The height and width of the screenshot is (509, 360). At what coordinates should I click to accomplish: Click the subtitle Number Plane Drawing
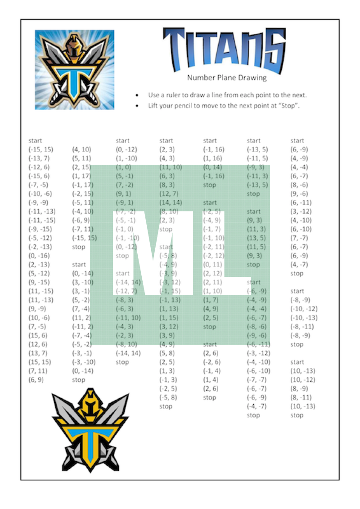[227, 78]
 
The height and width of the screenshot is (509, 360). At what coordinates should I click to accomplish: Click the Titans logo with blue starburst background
[74, 70]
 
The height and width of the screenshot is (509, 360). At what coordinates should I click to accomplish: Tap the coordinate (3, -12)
[299, 212]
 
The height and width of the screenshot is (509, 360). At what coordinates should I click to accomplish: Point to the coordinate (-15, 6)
[39, 176]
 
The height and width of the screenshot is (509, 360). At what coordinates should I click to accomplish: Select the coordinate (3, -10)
[82, 282]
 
